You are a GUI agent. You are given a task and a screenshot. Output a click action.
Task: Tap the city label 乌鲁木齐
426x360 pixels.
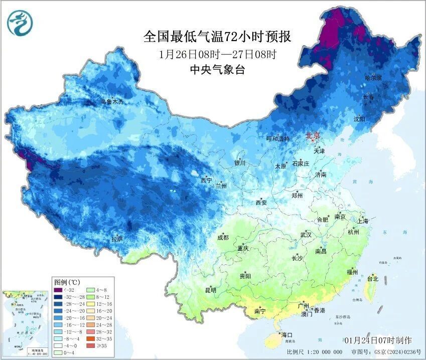coord(111,102)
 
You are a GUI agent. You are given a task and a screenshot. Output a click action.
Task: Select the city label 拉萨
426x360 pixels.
coord(117,239)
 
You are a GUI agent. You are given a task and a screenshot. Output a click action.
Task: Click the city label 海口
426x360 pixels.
coord(287,334)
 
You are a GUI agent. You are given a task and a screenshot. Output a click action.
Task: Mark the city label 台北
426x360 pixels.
coord(373,278)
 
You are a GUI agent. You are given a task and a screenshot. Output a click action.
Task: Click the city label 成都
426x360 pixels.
coord(223,237)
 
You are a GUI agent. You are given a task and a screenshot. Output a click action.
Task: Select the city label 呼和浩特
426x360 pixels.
coord(277,139)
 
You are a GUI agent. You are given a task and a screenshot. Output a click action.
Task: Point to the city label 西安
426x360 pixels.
coord(261,203)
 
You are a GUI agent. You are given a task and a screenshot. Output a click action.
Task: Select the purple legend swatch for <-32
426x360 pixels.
coord(58,290)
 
